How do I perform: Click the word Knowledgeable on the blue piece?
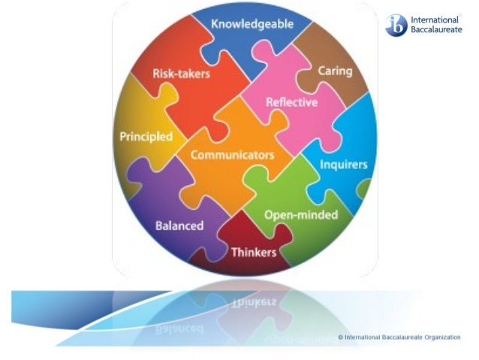coord(252,24)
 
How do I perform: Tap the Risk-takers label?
coord(181,74)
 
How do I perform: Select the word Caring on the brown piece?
coord(335,71)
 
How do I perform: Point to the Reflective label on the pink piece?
coord(292,102)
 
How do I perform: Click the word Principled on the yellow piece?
coord(146,137)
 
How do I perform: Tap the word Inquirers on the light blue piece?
coord(344,164)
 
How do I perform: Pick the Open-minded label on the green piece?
coord(300,215)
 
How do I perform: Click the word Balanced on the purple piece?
coord(179,225)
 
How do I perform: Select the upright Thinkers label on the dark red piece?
coord(254,252)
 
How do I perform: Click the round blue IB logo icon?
coord(395,26)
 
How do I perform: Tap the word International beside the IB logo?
coord(434,20)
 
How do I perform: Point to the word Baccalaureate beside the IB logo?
coord(436,32)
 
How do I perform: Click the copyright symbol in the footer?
coord(340,337)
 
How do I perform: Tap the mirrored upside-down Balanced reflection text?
coord(179,329)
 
